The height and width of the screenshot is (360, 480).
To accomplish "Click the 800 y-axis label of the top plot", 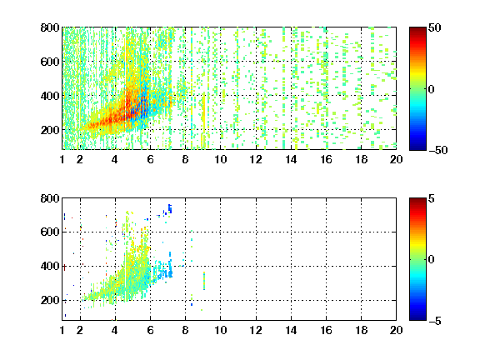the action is [x=50, y=27].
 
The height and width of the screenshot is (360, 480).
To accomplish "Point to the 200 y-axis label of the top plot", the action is [x=50, y=130].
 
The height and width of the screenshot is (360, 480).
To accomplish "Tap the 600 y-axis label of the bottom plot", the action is [x=50, y=232].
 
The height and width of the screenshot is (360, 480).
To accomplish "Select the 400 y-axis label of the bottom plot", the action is [x=50, y=266].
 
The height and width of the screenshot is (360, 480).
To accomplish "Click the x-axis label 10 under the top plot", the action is [x=220, y=159].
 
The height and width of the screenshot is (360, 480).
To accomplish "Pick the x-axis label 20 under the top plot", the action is [x=396, y=159].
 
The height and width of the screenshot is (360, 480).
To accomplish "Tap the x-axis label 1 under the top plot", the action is [x=62, y=159].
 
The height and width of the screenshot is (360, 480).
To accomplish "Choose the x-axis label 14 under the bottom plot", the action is [x=291, y=330].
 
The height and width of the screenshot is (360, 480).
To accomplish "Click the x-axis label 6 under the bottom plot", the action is [x=150, y=330].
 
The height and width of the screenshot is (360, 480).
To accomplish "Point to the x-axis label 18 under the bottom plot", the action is [x=361, y=330].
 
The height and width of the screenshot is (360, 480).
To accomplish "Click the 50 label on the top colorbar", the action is [x=435, y=27].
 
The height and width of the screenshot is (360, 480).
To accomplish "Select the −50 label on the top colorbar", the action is [x=438, y=150].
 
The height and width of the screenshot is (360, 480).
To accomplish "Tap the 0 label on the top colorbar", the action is [x=432, y=89].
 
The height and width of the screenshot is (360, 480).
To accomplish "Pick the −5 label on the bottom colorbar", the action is [x=435, y=321].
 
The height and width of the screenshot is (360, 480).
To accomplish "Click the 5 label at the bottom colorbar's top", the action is [x=432, y=198].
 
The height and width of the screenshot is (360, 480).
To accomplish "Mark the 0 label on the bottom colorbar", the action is [x=432, y=260].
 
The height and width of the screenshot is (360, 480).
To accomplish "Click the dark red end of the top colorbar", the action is [x=417, y=30].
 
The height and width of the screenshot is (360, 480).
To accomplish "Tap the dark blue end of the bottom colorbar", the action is [x=417, y=317].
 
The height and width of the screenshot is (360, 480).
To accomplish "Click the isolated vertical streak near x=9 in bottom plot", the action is [x=204, y=281].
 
